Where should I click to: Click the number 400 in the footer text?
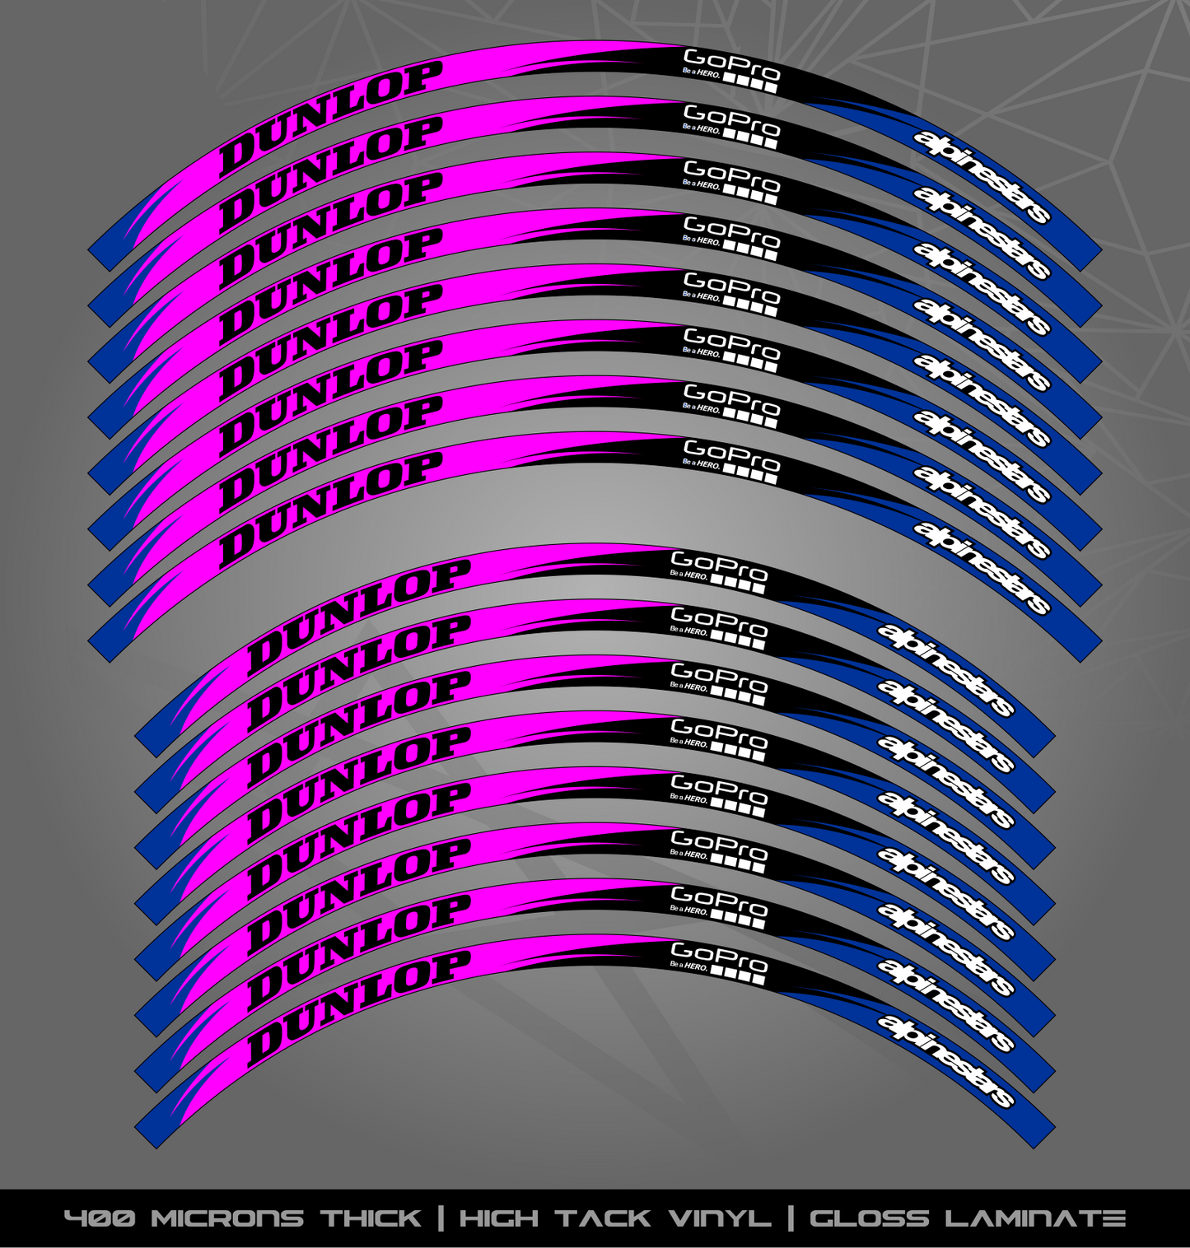pos(100,1218)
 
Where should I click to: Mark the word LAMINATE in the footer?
pos(1035,1218)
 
